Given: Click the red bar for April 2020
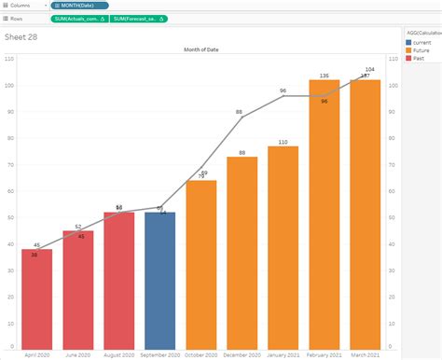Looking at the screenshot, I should point(36,298).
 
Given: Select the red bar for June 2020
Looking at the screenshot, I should point(77,289).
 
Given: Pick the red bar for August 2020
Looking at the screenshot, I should point(118,280).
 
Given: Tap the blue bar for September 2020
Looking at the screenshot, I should point(159,280).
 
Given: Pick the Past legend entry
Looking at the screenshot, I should point(421,59).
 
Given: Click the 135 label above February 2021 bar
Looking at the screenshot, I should point(324,76).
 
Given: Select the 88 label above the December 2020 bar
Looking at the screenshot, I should point(242,153).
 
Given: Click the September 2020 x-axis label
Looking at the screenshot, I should point(159,354).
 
